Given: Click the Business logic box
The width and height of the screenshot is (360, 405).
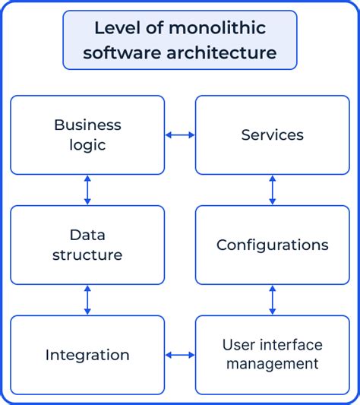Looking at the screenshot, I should (87, 134).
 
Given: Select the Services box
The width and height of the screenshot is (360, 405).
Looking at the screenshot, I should (273, 134).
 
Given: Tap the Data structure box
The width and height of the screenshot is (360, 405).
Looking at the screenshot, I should (87, 245).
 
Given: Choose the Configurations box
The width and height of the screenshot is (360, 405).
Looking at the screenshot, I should (273, 245).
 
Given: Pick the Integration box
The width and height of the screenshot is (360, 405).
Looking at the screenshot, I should (87, 355).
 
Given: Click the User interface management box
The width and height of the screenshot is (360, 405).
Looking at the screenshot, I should (273, 355).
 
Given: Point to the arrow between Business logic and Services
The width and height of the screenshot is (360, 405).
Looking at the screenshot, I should (180, 135).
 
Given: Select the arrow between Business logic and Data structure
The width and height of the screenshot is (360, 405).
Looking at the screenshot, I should (87, 190).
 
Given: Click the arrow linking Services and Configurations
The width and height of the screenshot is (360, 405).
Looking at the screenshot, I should (273, 190).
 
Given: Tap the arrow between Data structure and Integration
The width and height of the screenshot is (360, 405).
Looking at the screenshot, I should (87, 300).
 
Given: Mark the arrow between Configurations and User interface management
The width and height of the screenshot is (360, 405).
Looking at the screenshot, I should (273, 300).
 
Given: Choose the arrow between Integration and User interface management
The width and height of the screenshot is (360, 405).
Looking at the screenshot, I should (180, 355).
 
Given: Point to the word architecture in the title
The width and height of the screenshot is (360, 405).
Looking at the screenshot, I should (225, 53).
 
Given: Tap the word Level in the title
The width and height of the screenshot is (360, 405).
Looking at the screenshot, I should (112, 29).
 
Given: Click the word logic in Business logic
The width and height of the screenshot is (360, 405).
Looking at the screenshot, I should (88, 144).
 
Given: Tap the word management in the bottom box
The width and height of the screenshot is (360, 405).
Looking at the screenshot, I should (272, 364).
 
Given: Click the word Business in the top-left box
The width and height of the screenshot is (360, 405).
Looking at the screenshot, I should (88, 125).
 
